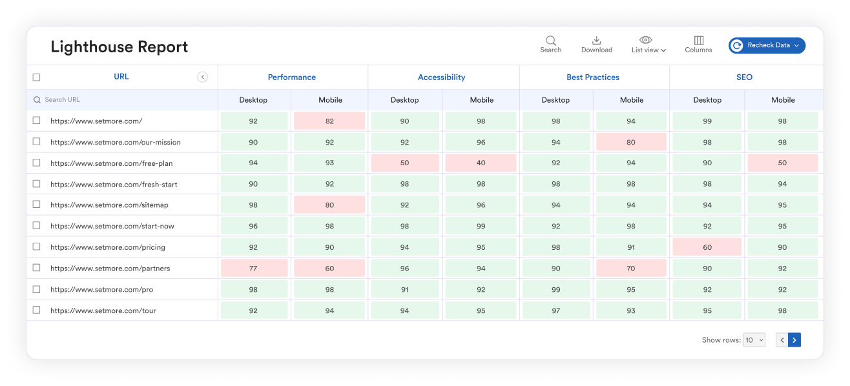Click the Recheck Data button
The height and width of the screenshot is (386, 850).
click(767, 45)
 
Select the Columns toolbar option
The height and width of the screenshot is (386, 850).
click(698, 44)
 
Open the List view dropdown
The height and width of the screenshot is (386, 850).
click(648, 45)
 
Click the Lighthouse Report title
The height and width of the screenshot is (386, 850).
click(119, 47)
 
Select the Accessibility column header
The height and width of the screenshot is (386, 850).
click(441, 77)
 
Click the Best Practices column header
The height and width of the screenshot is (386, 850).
click(592, 77)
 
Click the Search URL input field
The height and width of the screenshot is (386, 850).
click(123, 100)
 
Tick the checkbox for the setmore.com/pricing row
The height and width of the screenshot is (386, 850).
click(37, 247)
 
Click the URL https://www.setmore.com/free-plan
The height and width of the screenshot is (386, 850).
click(111, 163)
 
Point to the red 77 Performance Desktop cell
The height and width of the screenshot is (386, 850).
click(253, 269)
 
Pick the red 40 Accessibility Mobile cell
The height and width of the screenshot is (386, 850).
click(481, 163)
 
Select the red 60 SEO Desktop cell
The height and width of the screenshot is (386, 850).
click(707, 247)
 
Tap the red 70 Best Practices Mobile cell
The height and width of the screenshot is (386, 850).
click(630, 269)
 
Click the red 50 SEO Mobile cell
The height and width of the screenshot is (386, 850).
click(782, 163)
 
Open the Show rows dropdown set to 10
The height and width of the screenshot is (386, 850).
click(754, 340)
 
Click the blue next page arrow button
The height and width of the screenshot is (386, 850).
click(794, 340)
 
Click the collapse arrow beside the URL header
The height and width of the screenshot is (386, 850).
click(202, 77)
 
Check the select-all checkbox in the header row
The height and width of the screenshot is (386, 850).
click(37, 77)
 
